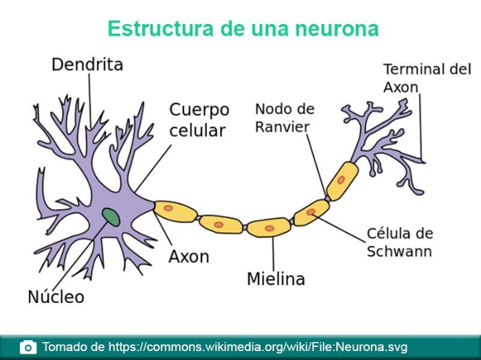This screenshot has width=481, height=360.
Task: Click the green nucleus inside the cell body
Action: click(111, 217)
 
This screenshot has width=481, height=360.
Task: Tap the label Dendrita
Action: click(87, 65)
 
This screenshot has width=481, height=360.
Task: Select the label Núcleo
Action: click(56, 297)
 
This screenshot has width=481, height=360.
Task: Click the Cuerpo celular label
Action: click(199, 120)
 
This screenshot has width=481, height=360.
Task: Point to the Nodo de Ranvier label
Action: click(284, 118)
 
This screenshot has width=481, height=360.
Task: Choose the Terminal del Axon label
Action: click(427, 78)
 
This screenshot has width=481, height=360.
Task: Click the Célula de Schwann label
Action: click(400, 243)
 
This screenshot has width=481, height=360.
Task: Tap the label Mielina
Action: click(276, 279)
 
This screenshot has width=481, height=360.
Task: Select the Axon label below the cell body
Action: click(189, 256)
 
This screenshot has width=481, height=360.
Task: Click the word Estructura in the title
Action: click(160, 28)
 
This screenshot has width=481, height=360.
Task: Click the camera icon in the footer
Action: click(28, 348)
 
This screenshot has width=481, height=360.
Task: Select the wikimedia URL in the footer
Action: click(258, 347)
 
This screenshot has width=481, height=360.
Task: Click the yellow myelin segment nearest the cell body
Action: click(175, 212)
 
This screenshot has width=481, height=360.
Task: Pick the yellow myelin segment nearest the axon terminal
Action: click(342, 181)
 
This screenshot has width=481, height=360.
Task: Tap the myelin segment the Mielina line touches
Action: click(269, 227)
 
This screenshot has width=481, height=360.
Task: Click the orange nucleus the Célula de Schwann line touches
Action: click(311, 212)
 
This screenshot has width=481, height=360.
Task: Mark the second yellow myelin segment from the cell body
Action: click(221, 225)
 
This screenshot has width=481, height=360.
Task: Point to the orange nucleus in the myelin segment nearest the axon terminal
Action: click(341, 180)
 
